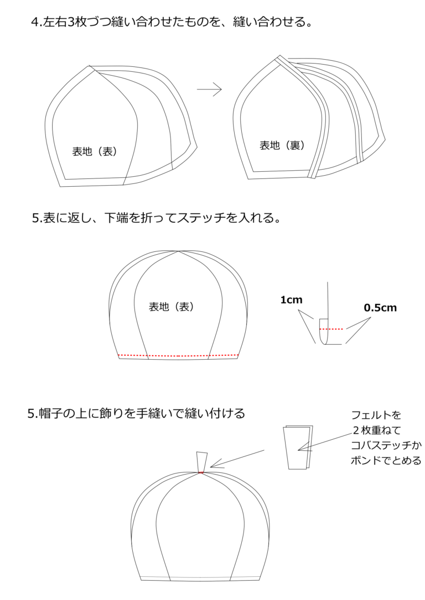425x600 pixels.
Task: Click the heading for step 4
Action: tap(171, 22)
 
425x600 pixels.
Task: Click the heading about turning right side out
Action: tap(157, 218)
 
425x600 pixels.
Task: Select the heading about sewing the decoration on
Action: tap(137, 414)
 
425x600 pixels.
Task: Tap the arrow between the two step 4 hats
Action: tap(209, 90)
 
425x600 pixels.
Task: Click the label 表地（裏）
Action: tap(282, 145)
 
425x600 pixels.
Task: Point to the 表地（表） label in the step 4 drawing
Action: tap(95, 151)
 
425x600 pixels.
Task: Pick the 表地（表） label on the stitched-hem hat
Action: tap(172, 307)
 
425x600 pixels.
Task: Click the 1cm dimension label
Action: tap(291, 300)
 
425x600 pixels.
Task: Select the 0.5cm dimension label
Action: tap(380, 308)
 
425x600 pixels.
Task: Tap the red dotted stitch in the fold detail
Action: tap(331, 329)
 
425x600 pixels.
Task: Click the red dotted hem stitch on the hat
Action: tap(178, 356)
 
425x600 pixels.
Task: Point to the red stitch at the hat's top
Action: tap(201, 472)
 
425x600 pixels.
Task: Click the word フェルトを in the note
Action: tap(376, 415)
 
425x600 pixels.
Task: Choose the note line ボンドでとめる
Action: tap(386, 460)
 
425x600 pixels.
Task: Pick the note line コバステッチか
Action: tap(386, 445)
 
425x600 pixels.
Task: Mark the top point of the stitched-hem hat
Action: tap(179, 251)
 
